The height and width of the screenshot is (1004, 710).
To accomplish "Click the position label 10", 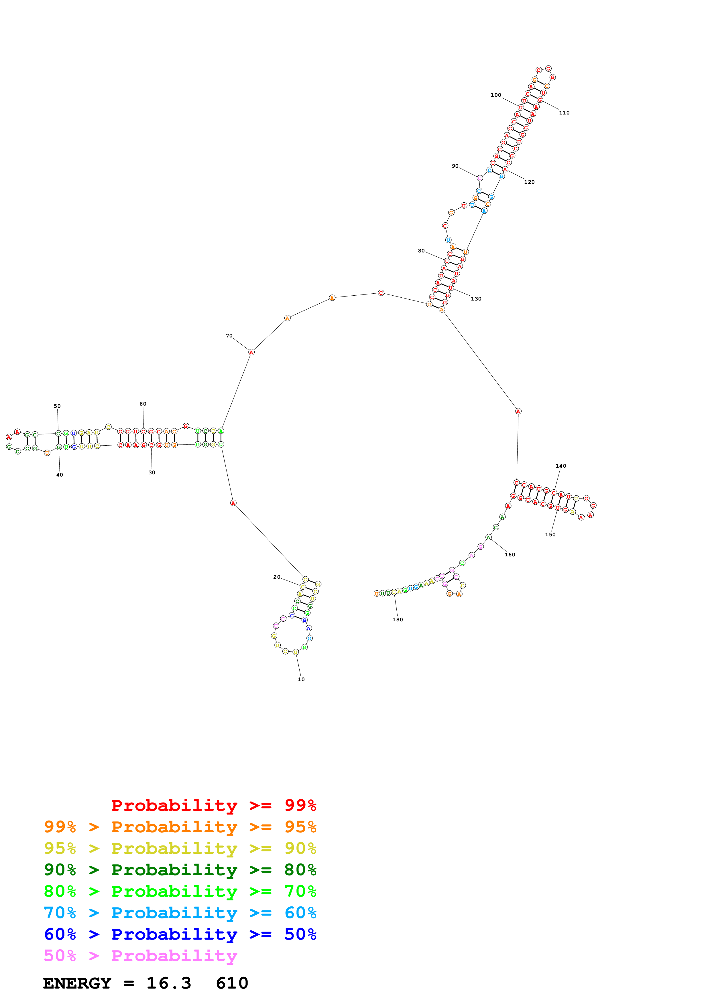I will click(x=301, y=679).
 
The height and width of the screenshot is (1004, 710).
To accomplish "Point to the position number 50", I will click(x=57, y=406).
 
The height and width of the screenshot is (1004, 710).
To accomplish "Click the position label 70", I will click(x=229, y=335).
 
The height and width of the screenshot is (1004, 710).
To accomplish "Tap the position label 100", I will click(x=496, y=95).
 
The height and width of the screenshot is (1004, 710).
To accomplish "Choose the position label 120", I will click(x=529, y=182).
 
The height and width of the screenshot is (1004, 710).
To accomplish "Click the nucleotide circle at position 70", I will click(x=251, y=352).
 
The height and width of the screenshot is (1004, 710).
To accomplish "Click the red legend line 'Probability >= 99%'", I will click(x=213, y=805).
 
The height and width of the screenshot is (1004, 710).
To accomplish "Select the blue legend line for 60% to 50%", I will click(x=180, y=934).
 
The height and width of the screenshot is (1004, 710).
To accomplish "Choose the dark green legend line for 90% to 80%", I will click(x=180, y=870).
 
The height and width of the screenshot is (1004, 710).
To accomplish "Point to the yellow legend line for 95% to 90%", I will click(x=180, y=848).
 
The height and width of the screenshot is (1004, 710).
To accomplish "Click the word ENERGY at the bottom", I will click(x=77, y=983).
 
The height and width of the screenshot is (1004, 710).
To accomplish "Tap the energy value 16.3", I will click(x=169, y=983).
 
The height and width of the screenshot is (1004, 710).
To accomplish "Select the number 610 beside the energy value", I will click(x=232, y=983).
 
